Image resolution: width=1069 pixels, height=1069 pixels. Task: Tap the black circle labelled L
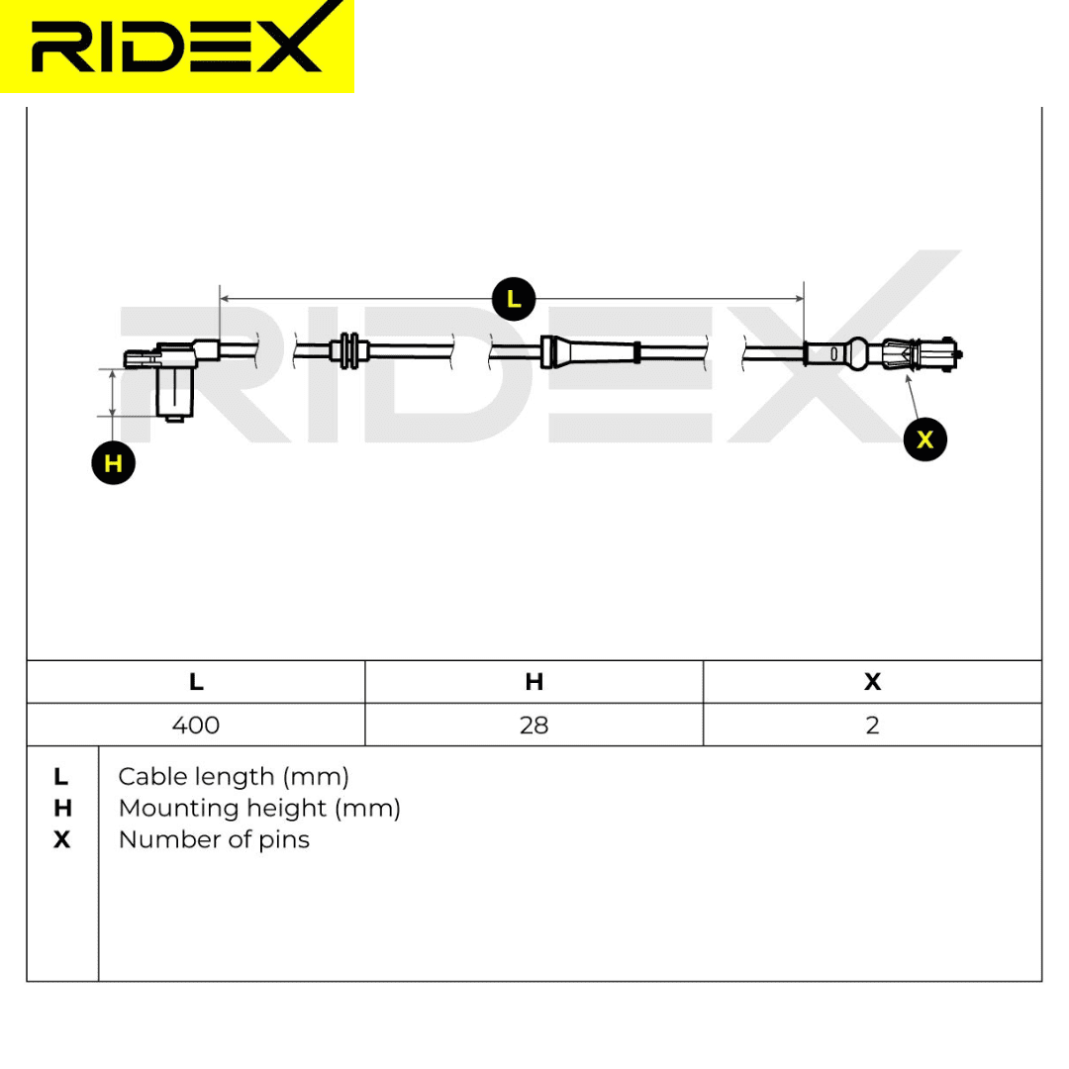514,299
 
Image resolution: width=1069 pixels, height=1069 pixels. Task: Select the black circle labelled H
113,463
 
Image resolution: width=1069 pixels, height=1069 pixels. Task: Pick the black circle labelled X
925,439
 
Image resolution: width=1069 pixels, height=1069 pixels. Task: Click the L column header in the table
196,682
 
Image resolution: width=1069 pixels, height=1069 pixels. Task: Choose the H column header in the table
534,682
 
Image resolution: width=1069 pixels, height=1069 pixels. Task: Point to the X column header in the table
873,682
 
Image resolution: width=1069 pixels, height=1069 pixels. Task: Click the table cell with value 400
196,725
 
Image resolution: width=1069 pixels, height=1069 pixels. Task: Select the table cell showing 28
534,725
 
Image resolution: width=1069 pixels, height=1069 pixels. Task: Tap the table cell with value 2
873,725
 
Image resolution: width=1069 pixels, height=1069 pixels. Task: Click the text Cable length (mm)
234,777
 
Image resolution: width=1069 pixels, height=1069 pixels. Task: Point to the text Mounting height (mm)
259,808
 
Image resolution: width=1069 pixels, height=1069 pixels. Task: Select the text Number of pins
214,839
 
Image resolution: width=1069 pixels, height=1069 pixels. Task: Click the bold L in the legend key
60,777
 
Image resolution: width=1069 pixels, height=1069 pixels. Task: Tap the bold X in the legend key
61,839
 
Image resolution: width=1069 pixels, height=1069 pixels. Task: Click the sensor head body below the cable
174,394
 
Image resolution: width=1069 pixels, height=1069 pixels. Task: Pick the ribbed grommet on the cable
349,351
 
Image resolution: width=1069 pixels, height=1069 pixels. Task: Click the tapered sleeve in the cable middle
590,351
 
